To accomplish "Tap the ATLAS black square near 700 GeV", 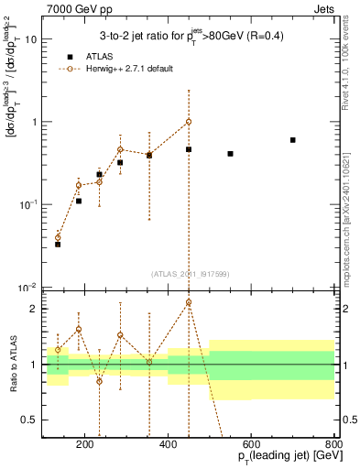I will pos(292,140).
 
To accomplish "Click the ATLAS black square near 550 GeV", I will pos(230,154).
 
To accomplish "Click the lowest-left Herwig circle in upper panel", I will pos(58,237).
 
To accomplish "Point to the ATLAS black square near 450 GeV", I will pos(189,149).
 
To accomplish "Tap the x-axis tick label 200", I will pos(85,446).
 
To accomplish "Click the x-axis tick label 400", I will pos(169,446).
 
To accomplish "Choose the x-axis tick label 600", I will pos(251,446).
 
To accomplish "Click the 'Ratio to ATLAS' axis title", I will pos(13,365).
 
